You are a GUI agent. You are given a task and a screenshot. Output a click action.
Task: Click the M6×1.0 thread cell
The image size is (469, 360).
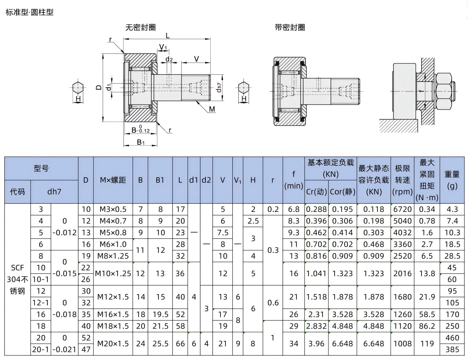pos(113,244)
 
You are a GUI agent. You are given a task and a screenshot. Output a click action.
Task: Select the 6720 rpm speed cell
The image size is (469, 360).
pos(402,209)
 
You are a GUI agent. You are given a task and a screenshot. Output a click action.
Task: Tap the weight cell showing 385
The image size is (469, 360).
pos(452,350)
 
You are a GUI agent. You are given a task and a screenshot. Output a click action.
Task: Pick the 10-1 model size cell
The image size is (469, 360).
pos(40,279)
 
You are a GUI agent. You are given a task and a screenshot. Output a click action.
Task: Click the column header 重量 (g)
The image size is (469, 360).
pos(452,180)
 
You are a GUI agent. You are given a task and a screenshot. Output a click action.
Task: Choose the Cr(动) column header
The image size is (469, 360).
pos(316,192)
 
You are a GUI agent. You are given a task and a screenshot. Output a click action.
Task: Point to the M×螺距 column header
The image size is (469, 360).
pos(113,180)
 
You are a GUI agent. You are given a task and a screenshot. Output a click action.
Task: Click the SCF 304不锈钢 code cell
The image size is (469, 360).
pos(17,279)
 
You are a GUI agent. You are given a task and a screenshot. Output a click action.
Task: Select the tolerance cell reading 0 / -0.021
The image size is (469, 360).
pos(65,344)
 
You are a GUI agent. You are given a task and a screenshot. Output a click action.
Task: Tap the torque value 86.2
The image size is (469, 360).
pos(427,326)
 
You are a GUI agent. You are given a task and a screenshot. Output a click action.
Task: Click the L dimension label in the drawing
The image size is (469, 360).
pos(167,36)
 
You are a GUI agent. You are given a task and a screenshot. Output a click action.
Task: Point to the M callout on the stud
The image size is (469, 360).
pos(212,109)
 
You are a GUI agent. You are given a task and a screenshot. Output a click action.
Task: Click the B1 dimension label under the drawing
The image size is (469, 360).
pos(141,142)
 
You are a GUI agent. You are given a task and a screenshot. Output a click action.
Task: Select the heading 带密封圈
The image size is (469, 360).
pos(290,27)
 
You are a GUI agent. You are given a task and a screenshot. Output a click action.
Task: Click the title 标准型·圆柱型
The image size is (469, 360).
pos(30,12)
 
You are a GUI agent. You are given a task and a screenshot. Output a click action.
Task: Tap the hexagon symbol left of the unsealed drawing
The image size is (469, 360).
pos(78,88)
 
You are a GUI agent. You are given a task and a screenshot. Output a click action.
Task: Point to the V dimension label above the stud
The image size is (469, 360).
pos(197,59)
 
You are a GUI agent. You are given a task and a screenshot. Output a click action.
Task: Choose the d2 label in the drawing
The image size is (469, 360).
pos(169,59)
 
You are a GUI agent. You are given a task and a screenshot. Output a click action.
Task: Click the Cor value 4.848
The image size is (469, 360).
pos(343,326)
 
